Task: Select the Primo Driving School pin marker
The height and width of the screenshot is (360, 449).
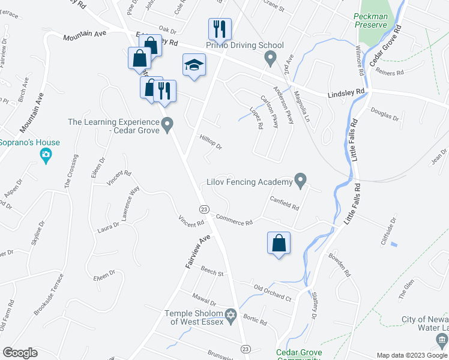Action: click(x=270, y=59)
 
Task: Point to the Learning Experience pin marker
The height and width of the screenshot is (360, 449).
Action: click(x=167, y=125)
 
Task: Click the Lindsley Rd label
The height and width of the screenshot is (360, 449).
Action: click(x=346, y=93)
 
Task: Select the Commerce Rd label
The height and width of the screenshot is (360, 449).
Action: click(x=234, y=221)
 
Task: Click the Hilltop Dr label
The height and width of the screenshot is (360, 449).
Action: click(x=211, y=143)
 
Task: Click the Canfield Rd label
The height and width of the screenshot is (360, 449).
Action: click(x=284, y=203)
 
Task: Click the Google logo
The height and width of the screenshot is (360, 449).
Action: click(x=20, y=353)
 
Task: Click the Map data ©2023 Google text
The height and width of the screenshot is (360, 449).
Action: click(x=411, y=355)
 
